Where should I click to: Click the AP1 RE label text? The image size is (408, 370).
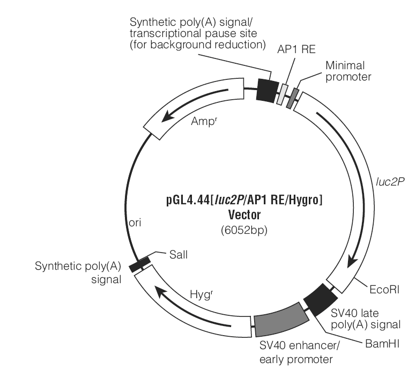tap(296, 49)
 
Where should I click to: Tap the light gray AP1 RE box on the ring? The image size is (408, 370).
tap(283, 94)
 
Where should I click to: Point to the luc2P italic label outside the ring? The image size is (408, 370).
tap(390, 182)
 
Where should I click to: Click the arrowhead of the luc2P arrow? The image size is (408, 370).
tap(353, 261)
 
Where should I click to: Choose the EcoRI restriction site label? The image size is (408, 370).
tap(384, 290)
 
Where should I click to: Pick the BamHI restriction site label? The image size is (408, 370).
tap(382, 344)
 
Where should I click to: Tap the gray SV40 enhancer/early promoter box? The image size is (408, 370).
tap(281, 320)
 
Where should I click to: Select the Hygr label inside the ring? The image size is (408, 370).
tap(202, 294)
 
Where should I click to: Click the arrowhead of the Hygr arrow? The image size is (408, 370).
tap(160, 291)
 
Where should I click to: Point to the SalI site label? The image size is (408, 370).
tap(178, 255)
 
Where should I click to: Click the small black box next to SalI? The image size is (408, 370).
tap(140, 264)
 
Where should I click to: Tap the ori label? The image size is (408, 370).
tap(135, 223)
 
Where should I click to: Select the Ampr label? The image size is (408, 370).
tap(204, 121)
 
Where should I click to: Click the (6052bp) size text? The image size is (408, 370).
tap(244, 230)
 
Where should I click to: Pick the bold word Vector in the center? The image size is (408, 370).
tap(244, 215)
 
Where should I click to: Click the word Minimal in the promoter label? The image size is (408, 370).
tap(345, 65)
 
